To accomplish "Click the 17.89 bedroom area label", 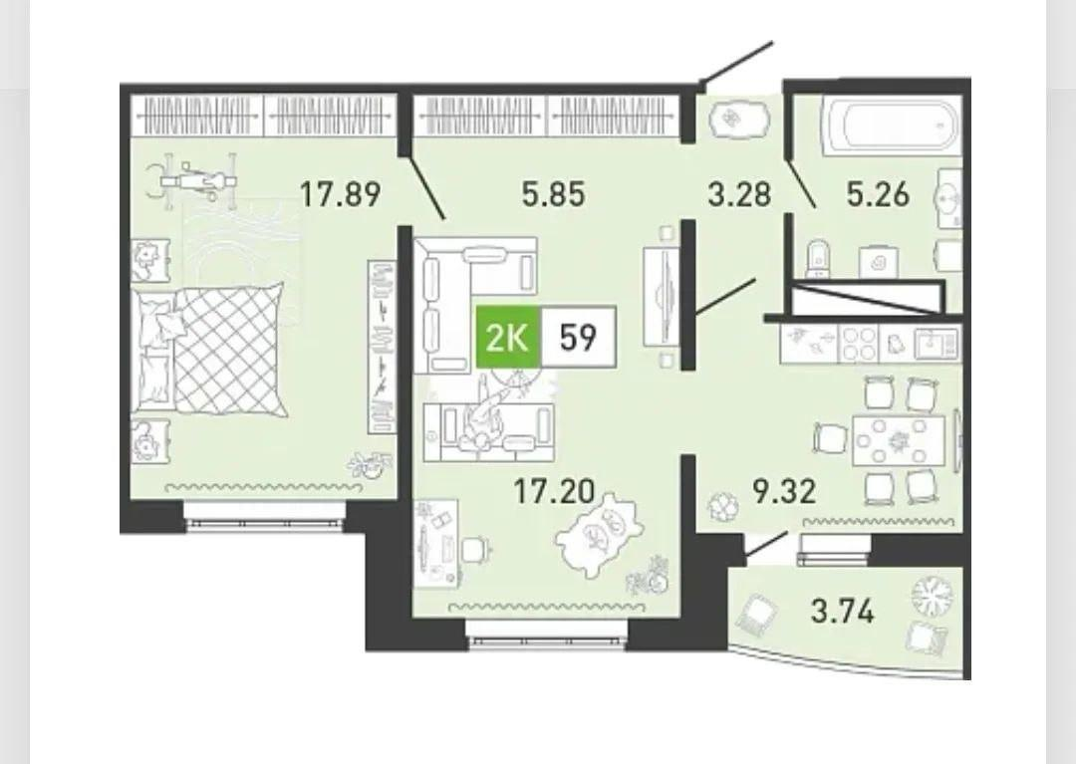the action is click(341, 194).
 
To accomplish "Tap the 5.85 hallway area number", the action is click(554, 194).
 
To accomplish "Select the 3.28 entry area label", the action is click(739, 194).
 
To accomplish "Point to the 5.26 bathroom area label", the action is click(878, 194).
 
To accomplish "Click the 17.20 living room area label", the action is click(554, 491).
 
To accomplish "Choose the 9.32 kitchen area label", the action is click(784, 491).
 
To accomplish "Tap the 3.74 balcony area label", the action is click(843, 611).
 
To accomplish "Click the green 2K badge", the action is click(508, 338).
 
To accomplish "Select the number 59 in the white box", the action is click(578, 338).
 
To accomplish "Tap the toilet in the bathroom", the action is click(817, 260).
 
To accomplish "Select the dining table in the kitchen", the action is click(899, 439).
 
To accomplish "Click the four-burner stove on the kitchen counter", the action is click(859, 344).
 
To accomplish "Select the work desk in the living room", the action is click(436, 543).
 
